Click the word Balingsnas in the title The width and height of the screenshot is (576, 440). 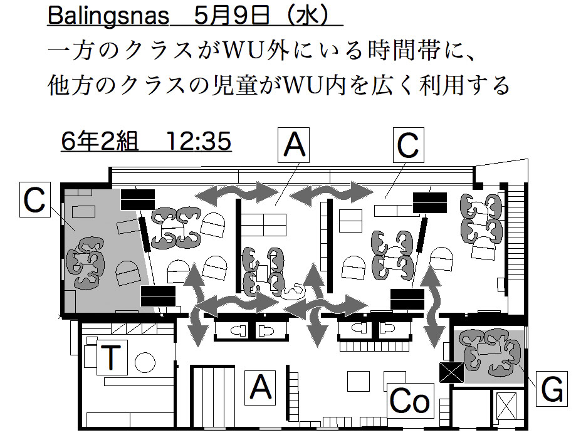(x=108, y=16)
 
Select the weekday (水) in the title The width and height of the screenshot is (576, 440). (x=311, y=16)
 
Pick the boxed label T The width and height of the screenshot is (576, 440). (x=110, y=357)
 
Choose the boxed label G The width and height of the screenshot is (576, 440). (x=552, y=390)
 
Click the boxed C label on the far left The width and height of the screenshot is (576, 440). (x=36, y=201)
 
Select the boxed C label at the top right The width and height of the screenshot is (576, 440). (x=407, y=147)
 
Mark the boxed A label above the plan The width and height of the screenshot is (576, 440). (x=294, y=147)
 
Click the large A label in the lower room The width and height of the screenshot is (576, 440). (x=261, y=386)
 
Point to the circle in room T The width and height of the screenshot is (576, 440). (x=145, y=362)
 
